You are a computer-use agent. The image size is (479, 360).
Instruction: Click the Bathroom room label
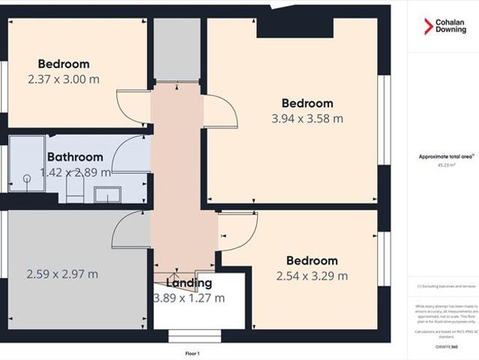[75, 157]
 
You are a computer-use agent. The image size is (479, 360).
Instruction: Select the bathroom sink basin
[108, 195]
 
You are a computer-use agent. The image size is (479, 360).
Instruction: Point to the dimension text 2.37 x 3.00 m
[63, 79]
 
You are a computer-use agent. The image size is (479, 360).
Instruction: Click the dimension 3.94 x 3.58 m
[307, 118]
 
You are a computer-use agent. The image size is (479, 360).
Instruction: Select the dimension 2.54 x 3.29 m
[312, 276]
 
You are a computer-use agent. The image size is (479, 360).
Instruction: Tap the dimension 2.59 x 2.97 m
[62, 274]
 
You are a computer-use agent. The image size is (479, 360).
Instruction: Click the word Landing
[189, 283]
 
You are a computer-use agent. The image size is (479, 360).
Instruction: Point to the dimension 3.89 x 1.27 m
[189, 298]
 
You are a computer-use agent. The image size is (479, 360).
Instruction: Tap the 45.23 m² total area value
[447, 166]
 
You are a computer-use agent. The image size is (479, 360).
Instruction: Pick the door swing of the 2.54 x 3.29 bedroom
[238, 231]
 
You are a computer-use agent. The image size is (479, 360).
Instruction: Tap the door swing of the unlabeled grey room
[130, 229]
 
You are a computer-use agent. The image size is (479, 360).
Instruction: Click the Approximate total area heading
[446, 157]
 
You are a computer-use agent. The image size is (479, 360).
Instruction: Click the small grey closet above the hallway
[177, 49]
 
